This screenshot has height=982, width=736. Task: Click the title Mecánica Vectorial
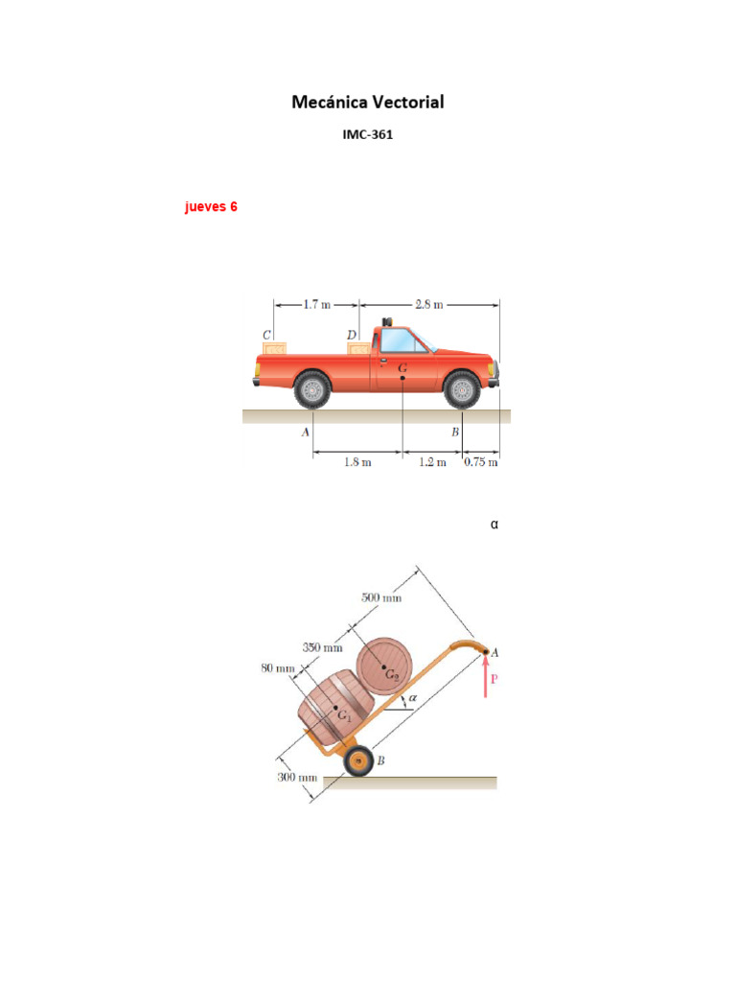click(x=367, y=102)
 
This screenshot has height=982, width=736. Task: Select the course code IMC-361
click(x=367, y=135)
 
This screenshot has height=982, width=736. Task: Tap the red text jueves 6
click(x=211, y=206)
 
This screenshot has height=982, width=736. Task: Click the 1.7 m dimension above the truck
click(x=316, y=305)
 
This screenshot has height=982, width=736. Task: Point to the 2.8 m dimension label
click(x=429, y=305)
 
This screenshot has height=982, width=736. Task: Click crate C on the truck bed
click(x=275, y=349)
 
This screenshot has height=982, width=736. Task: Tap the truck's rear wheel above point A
click(x=312, y=389)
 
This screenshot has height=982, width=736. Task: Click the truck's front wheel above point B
click(x=462, y=389)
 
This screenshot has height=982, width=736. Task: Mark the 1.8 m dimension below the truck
click(x=357, y=462)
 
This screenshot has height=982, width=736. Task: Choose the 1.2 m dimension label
click(x=433, y=462)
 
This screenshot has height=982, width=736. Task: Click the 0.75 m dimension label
click(x=481, y=462)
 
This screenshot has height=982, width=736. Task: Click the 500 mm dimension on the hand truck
click(x=380, y=597)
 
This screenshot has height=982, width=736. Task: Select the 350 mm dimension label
click(x=323, y=647)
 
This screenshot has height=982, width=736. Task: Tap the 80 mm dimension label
click(x=278, y=667)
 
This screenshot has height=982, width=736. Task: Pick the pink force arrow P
click(x=486, y=678)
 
